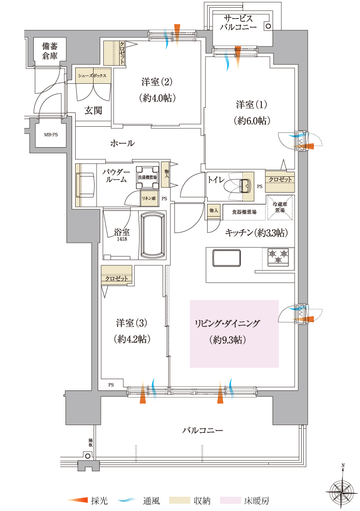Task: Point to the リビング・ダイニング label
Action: coord(227,323)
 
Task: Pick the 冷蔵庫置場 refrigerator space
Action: coord(280,207)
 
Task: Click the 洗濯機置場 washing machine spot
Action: coord(147,177)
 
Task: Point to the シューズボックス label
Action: coord(92,75)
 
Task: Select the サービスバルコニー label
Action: coord(241,23)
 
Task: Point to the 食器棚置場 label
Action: coord(244,211)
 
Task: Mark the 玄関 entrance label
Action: coord(94,110)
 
